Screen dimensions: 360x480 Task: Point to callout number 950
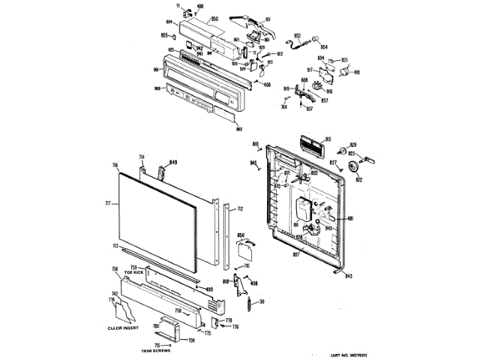[x=193, y=18]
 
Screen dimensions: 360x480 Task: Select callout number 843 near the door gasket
[x=348, y=277]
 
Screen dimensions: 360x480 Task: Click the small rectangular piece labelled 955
[x=175, y=35]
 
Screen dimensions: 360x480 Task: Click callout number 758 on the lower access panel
[x=178, y=310]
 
